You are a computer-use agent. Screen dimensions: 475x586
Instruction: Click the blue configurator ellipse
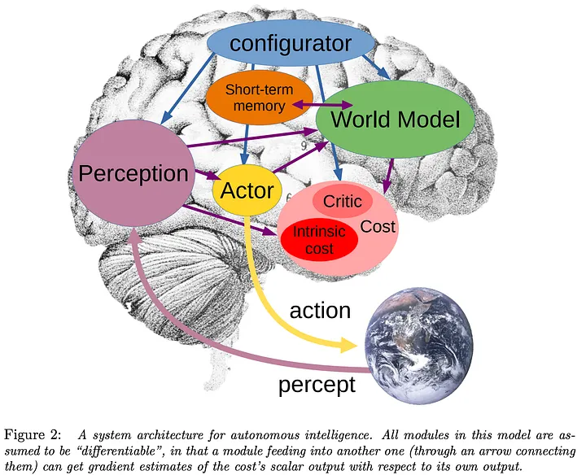click(x=290, y=43)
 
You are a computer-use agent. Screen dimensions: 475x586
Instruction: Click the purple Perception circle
click(x=133, y=172)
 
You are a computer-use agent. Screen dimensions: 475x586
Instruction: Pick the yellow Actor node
click(x=247, y=192)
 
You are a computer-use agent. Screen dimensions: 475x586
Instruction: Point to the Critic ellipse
click(x=342, y=202)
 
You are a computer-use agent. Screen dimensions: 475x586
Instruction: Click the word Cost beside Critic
click(x=378, y=227)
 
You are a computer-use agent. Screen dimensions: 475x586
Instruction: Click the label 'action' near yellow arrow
click(x=321, y=310)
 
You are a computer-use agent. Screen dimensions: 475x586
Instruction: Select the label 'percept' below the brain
click(x=317, y=384)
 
